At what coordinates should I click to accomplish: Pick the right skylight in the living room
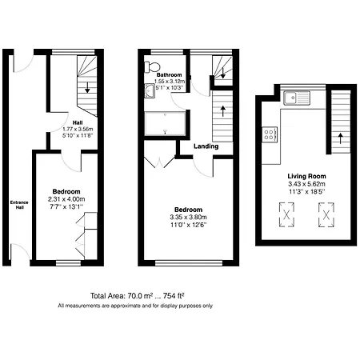point(324,214)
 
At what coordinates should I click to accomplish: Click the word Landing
point(206,146)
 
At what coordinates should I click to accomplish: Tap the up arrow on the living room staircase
point(340,136)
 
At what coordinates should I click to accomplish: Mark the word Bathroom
point(170,75)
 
